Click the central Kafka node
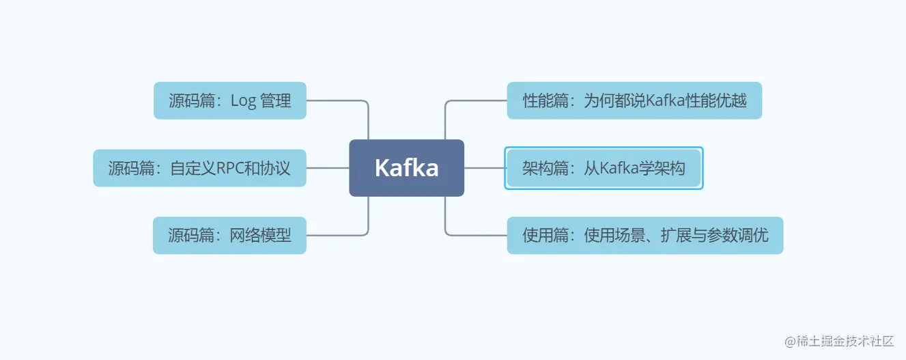pos(406,168)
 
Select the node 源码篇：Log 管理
pos(229,101)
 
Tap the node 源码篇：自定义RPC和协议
pos(199,168)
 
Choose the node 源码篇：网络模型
pos(229,236)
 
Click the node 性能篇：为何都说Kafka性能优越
pos(634,101)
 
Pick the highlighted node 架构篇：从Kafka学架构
pos(604,168)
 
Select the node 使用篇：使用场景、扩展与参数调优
pos(645,236)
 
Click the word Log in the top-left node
pos(243,101)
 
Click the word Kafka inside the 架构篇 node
pos(619,168)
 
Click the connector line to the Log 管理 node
pos(338,100)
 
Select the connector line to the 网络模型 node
pos(338,236)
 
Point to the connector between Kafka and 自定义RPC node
pos(328,168)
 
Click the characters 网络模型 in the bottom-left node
pos(260,236)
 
